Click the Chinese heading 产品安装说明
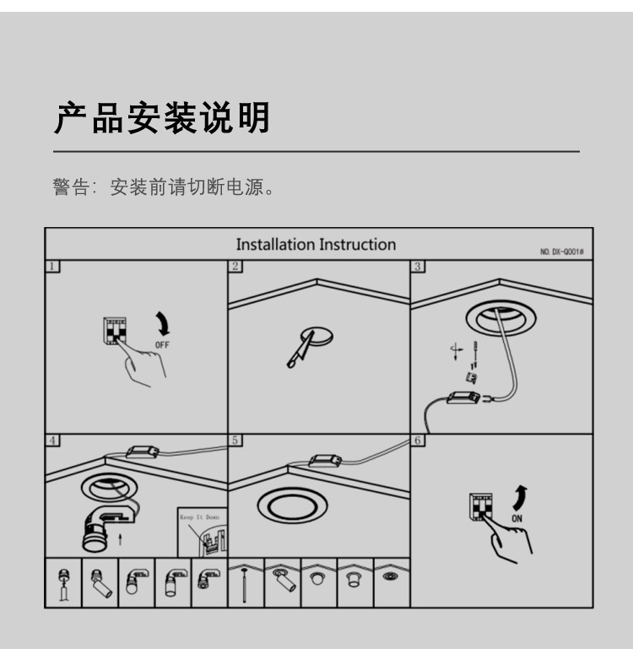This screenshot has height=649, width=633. point(162,118)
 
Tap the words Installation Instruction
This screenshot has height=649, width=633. point(316,245)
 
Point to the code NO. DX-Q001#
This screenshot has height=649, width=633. point(562,251)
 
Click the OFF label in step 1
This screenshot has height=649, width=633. point(162,345)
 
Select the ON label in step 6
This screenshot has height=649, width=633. point(517,518)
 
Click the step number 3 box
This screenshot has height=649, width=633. point(418,266)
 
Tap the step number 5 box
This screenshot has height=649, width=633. point(235,440)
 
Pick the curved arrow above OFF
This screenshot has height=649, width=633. point(163,323)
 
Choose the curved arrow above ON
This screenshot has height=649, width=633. point(520,498)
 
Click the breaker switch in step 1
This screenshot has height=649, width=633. point(115,331)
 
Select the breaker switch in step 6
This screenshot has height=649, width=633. point(480,506)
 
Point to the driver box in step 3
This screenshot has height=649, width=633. point(463,398)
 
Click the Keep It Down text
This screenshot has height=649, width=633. point(199,517)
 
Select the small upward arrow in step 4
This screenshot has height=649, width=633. point(120,539)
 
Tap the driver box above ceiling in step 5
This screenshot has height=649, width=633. point(326,461)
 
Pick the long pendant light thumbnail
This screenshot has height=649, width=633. point(245,585)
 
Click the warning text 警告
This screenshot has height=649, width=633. point(71,187)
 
